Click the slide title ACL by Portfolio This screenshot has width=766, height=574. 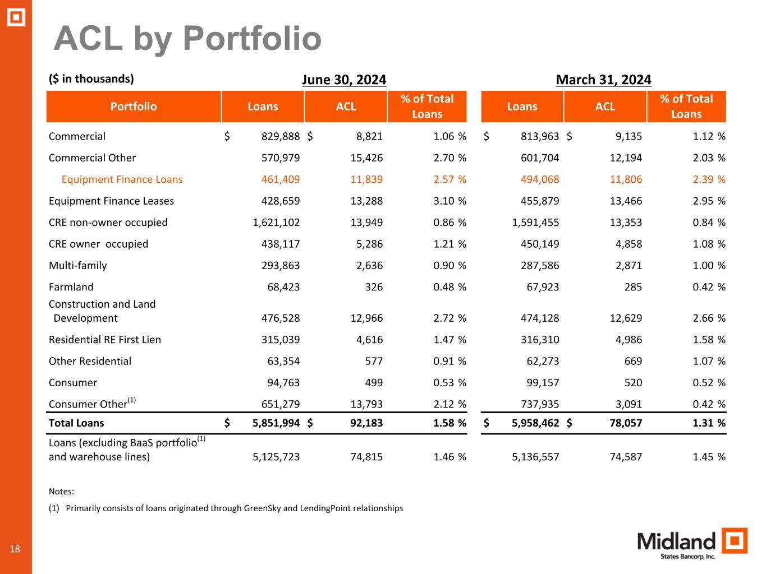[x=187, y=39]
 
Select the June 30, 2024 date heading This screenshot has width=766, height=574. [x=344, y=80]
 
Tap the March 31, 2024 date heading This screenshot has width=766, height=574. [x=603, y=80]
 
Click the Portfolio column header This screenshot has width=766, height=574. [x=134, y=107]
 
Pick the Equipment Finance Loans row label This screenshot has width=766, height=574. [x=122, y=179]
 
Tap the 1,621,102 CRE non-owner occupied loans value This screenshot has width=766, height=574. [x=276, y=223]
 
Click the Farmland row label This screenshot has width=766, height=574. [x=71, y=287]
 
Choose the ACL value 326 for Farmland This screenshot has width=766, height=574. [x=374, y=287]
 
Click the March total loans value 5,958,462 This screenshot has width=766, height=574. [x=535, y=423]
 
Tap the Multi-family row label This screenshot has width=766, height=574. [x=77, y=266]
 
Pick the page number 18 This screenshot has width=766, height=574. [x=15, y=549]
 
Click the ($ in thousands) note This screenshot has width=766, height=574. [x=91, y=78]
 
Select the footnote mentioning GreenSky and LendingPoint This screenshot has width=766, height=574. [x=226, y=508]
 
